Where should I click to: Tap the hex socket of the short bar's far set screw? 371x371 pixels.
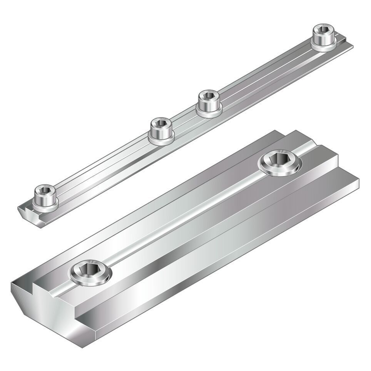(279, 159)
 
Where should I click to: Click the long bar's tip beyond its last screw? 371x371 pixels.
(346, 45)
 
